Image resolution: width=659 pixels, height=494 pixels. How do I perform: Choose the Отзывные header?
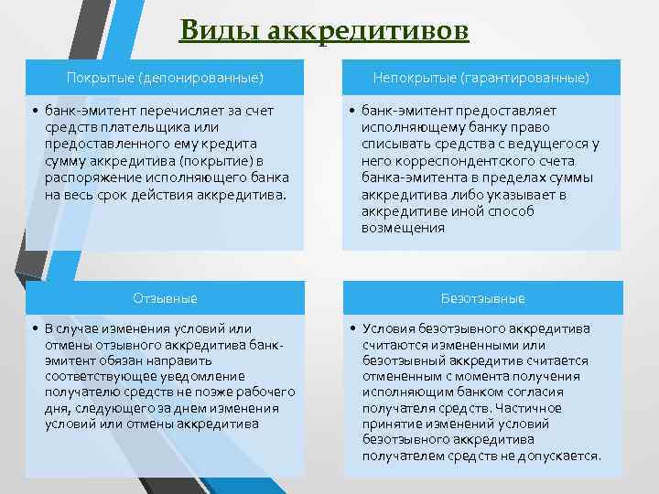165,298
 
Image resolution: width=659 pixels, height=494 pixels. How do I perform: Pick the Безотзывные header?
482,298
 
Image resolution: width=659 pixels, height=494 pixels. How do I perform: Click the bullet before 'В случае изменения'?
34,328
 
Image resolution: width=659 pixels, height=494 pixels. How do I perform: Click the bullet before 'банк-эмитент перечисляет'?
34,111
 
